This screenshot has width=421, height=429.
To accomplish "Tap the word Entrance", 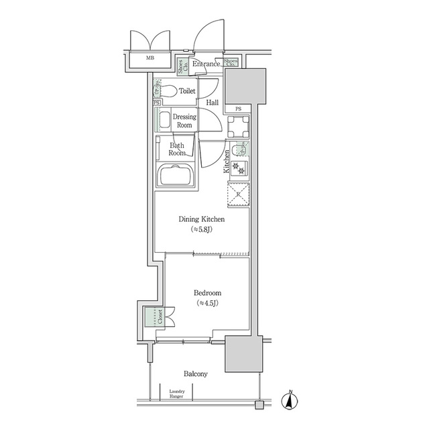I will coord(206,64).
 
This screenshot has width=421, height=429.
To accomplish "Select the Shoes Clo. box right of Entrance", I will coord(231,64).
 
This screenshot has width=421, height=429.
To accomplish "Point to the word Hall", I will coord(212,103).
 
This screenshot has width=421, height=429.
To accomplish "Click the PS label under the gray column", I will coord(238,109).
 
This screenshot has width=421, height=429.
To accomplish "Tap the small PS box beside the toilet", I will coord(157,103).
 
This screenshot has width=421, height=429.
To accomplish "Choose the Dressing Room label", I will coord(184,121).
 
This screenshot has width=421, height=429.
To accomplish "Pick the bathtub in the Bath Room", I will coord(176,176).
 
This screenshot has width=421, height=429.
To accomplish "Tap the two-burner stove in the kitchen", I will coord(239,166).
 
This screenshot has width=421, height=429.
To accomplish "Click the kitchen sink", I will coord(240,149).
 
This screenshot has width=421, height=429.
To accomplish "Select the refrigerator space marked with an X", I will coord(238,194).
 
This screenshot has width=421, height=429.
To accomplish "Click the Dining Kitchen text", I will coord(201,219).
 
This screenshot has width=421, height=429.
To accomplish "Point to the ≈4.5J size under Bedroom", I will coord(207,303).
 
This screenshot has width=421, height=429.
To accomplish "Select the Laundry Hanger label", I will coord(177,393).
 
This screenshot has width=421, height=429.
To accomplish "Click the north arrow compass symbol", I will coord(290,400).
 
